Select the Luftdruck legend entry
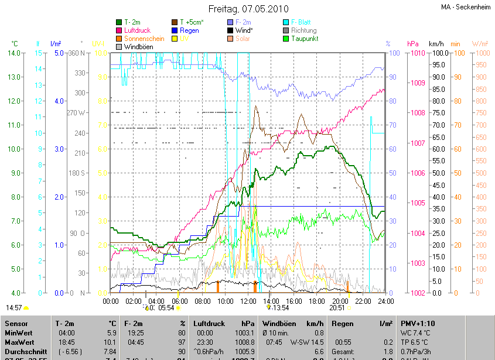137,30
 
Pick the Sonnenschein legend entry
144,39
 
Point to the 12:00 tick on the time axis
248,301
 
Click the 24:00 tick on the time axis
384,301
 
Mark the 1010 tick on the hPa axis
418,53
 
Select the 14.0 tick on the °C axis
15,53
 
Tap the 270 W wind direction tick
76,113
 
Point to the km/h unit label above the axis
436,44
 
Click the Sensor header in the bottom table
16,323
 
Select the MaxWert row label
19,342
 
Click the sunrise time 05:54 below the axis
166,307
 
